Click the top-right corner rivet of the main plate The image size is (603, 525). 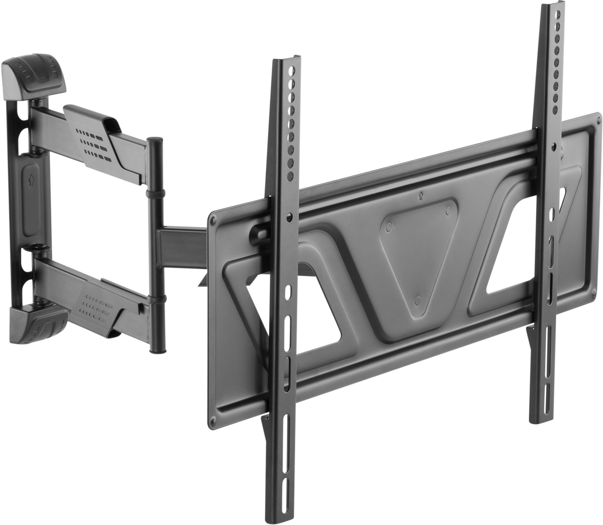596,120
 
